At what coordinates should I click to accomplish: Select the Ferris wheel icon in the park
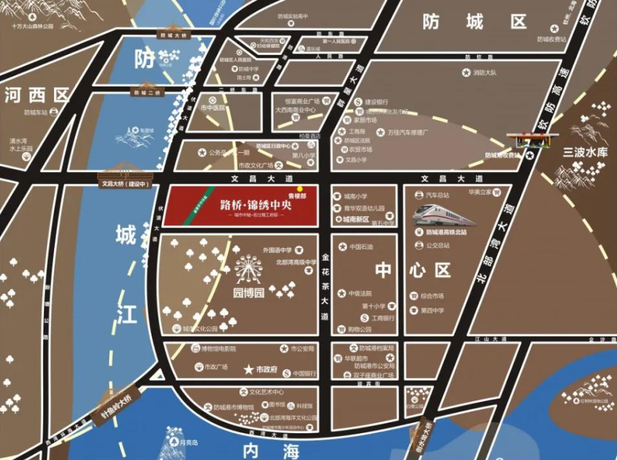point(248,269)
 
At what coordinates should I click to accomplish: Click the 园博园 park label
point(249,294)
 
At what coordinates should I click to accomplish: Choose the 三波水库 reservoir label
point(583,152)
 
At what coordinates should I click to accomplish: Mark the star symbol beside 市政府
point(248,370)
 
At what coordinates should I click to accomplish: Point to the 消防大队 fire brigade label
point(489,72)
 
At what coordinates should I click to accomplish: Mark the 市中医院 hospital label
point(213,108)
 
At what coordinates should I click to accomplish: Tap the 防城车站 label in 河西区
point(36,112)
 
